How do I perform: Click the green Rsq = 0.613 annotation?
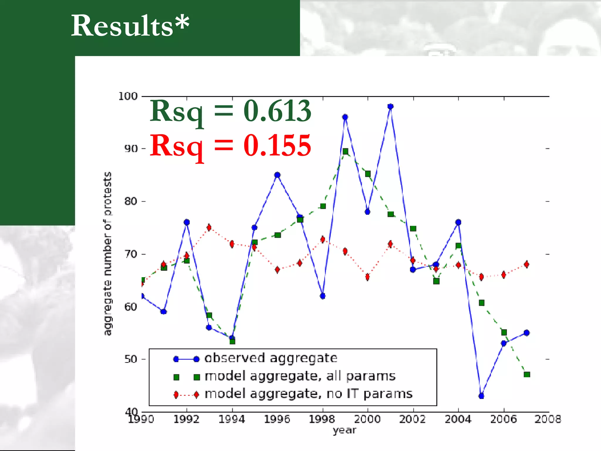pyautogui.click(x=230, y=112)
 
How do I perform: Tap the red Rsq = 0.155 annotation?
pyautogui.click(x=230, y=146)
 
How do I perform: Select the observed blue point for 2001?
pyautogui.click(x=390, y=106)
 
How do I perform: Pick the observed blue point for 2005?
pyautogui.click(x=481, y=396)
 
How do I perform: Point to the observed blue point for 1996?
pyautogui.click(x=277, y=175)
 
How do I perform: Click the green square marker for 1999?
pyautogui.click(x=345, y=152)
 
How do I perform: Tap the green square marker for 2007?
pyautogui.click(x=527, y=374)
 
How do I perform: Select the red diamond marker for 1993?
pyautogui.click(x=209, y=228)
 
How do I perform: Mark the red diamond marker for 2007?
pyautogui.click(x=526, y=264)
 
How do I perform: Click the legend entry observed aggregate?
pyautogui.click(x=271, y=358)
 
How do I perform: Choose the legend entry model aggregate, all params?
pyautogui.click(x=300, y=376)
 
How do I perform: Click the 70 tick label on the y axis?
pyautogui.click(x=131, y=254)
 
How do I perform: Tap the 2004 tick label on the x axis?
pyautogui.click(x=458, y=419)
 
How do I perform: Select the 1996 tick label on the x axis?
pyautogui.click(x=277, y=419)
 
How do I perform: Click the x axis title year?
pyautogui.click(x=345, y=430)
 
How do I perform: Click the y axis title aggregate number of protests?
pyautogui.click(x=108, y=253)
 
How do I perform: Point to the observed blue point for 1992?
pyautogui.click(x=187, y=222)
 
